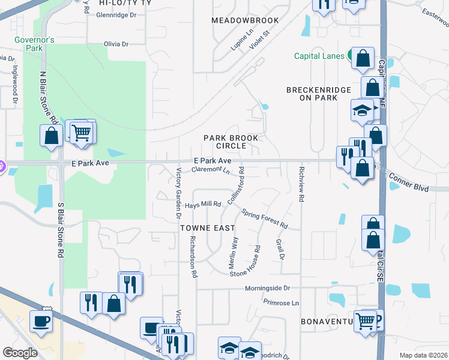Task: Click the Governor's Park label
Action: coord(35,44)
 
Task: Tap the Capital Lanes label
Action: coord(319,56)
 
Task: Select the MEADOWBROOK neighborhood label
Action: coord(245,20)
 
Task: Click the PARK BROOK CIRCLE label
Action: coord(231,142)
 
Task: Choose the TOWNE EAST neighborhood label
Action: coord(204,228)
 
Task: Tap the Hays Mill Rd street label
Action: coord(203,205)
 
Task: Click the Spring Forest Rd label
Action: coord(265,219)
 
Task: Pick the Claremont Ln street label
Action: coord(211,170)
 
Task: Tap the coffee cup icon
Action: coord(41,322)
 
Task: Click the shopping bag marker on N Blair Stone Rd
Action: coord(51,136)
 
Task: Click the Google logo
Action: coord(20,353)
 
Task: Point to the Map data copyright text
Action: coord(423,355)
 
